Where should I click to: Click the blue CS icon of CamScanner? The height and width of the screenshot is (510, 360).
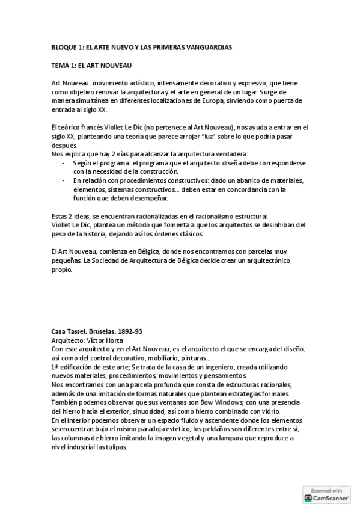point(309,498)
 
